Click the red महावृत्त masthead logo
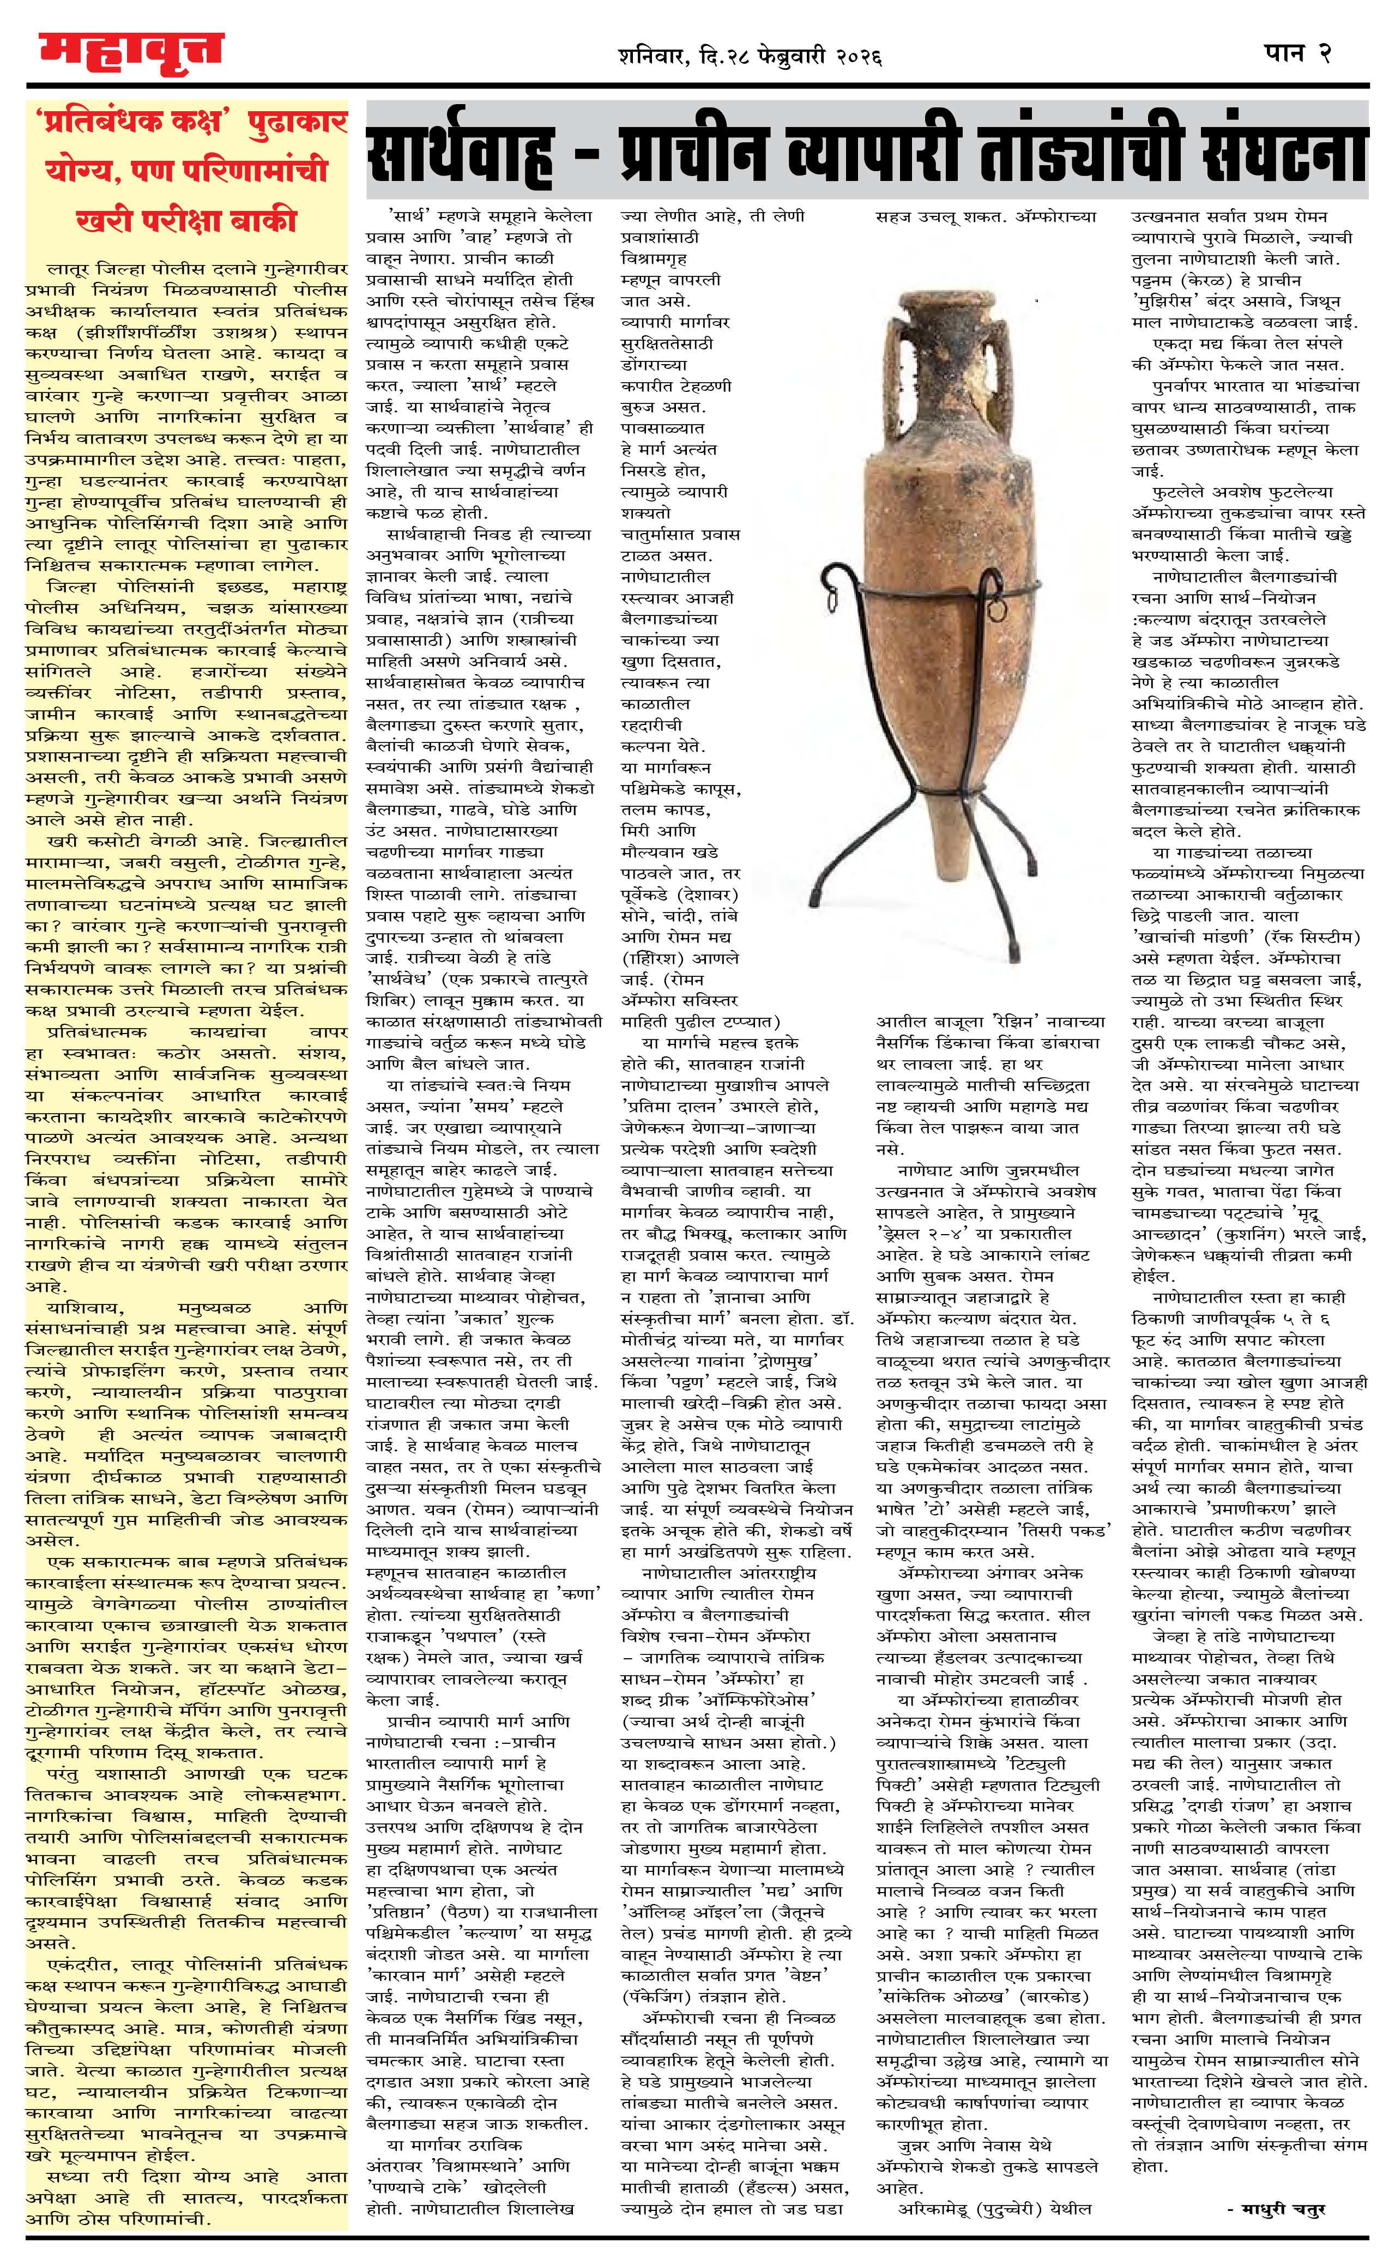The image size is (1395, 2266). [x=131, y=53]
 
